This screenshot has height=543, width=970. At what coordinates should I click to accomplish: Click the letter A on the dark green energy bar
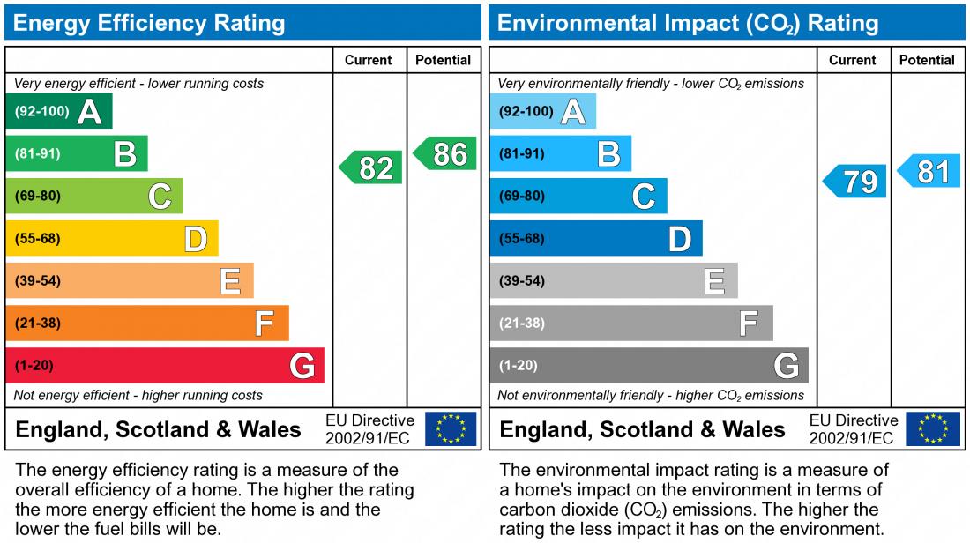click(x=89, y=112)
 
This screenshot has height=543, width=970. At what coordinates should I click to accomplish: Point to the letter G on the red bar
click(x=302, y=366)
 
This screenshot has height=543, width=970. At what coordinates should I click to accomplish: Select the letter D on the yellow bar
click(x=195, y=239)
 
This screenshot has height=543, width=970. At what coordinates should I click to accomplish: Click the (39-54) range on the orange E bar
click(x=38, y=281)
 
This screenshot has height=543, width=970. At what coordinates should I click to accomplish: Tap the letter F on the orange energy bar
click(x=264, y=324)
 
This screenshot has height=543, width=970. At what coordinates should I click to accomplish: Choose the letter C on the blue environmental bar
click(x=644, y=197)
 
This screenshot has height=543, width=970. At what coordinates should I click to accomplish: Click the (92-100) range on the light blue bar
click(x=526, y=112)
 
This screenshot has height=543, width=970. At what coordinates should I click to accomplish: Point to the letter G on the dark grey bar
click(x=786, y=366)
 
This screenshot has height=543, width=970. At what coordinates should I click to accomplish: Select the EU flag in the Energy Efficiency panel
click(x=451, y=429)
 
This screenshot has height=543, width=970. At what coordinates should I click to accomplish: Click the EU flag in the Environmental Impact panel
click(x=934, y=429)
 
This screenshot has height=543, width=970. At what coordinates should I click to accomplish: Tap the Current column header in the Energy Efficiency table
click(x=369, y=60)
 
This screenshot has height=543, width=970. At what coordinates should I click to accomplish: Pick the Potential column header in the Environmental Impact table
click(x=927, y=60)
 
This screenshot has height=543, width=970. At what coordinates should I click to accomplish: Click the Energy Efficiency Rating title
click(x=150, y=23)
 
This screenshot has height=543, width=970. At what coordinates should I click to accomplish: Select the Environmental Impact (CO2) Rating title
click(x=688, y=23)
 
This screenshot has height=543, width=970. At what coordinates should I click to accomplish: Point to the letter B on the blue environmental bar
click(x=608, y=154)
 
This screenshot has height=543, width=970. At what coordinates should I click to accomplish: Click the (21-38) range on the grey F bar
click(x=522, y=324)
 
